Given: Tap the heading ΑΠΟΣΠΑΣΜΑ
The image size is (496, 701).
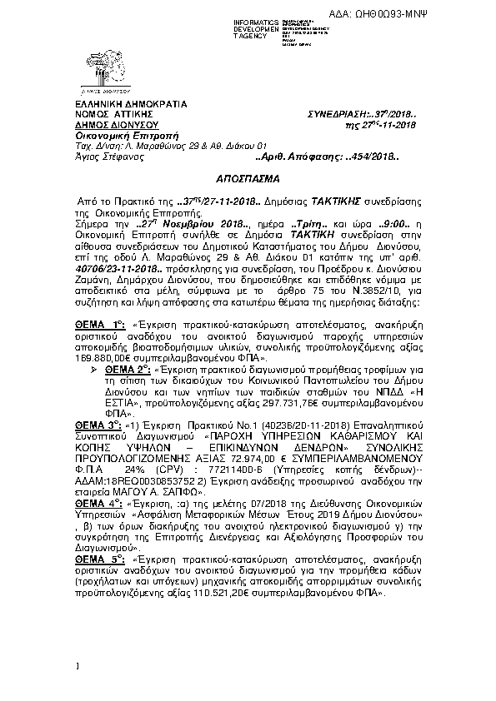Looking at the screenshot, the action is pyautogui.click(x=248, y=178).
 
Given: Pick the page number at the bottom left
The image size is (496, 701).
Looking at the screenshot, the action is pyautogui.click(x=76, y=666).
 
